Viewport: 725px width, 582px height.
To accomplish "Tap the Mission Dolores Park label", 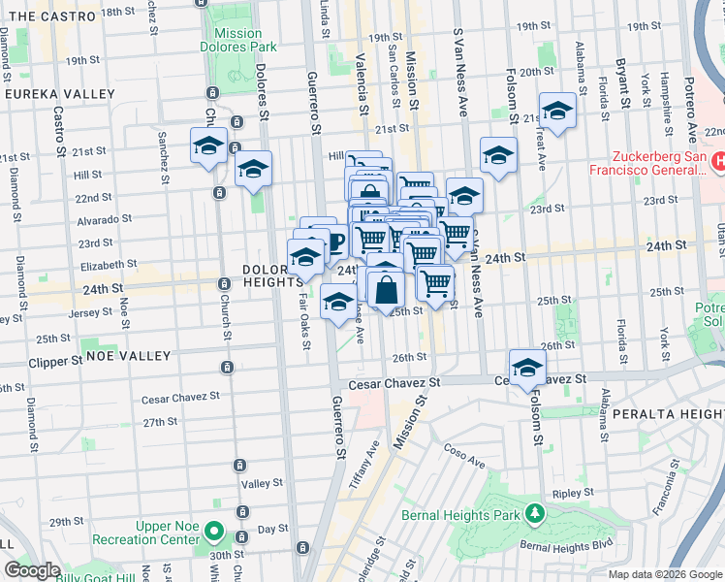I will [x=238, y=40].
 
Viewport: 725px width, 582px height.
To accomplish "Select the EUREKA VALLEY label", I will [x=46, y=94].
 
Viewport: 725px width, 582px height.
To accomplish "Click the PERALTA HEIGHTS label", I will [x=668, y=414].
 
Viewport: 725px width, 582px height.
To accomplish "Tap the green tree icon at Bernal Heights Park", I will [x=534, y=512].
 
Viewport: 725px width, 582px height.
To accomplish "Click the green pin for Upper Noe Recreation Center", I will [x=215, y=534].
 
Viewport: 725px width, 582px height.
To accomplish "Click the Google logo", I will [x=32, y=570].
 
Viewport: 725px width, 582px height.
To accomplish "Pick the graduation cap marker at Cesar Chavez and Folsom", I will [x=527, y=368].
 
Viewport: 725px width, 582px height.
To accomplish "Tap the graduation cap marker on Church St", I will [x=208, y=146].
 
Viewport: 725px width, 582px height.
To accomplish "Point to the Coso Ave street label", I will [x=465, y=455].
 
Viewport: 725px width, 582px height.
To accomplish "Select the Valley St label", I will [x=262, y=483].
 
